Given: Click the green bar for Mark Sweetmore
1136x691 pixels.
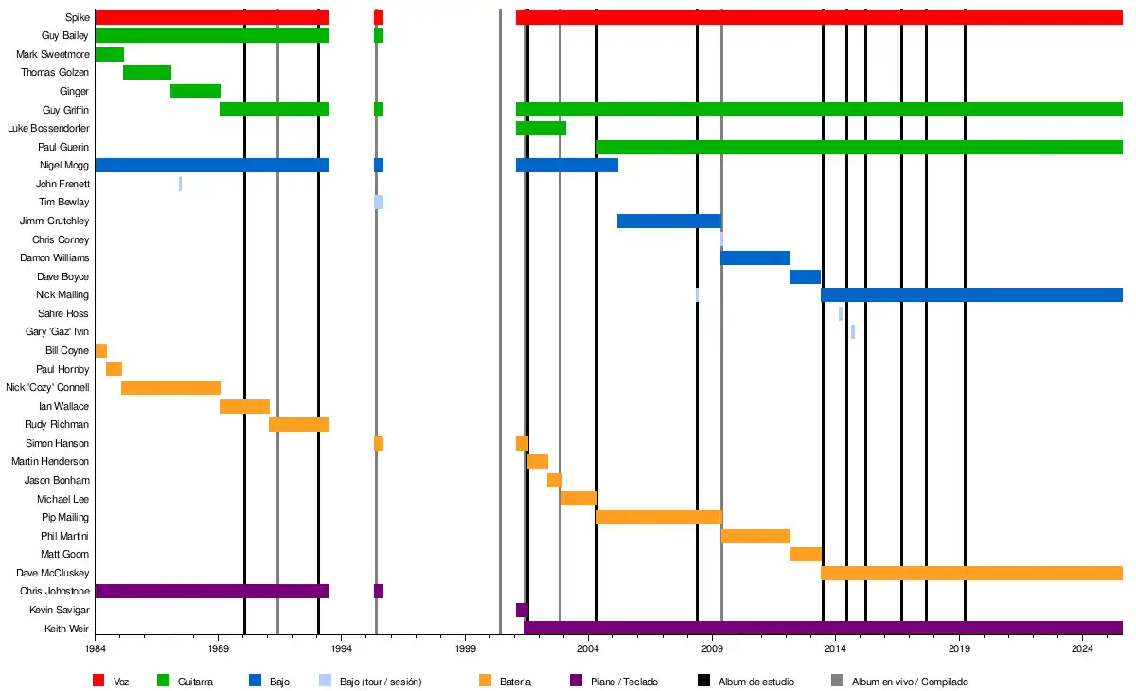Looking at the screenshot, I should click(110, 54).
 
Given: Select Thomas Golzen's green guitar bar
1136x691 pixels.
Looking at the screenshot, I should click(147, 73).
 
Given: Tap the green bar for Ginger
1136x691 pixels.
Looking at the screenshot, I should click(195, 91).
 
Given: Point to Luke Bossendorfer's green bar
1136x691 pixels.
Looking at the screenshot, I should click(541, 128).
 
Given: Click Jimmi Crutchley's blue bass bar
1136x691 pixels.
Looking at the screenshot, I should click(669, 221).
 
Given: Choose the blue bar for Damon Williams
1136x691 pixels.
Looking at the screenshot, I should click(755, 257).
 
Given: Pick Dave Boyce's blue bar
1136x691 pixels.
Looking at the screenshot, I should click(805, 276).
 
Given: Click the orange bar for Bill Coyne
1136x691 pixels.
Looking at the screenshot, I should click(101, 350).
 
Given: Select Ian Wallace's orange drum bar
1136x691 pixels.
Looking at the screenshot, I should click(244, 406).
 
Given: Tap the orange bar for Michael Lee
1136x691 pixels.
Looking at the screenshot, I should click(578, 499).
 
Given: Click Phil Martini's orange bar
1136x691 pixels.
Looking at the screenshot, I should click(755, 536).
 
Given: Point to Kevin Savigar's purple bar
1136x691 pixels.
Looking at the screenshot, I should click(522, 610).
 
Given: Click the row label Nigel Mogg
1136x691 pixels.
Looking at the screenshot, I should click(65, 166).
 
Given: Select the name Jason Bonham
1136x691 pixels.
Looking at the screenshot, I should click(57, 481).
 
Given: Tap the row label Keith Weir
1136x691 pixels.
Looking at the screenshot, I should click(67, 629).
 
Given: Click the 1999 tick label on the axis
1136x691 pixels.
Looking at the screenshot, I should click(466, 648).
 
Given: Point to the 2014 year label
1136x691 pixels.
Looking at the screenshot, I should click(835, 648).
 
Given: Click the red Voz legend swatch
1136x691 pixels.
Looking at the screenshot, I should click(98, 681).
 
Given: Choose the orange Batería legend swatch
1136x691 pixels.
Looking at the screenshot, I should click(486, 681).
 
